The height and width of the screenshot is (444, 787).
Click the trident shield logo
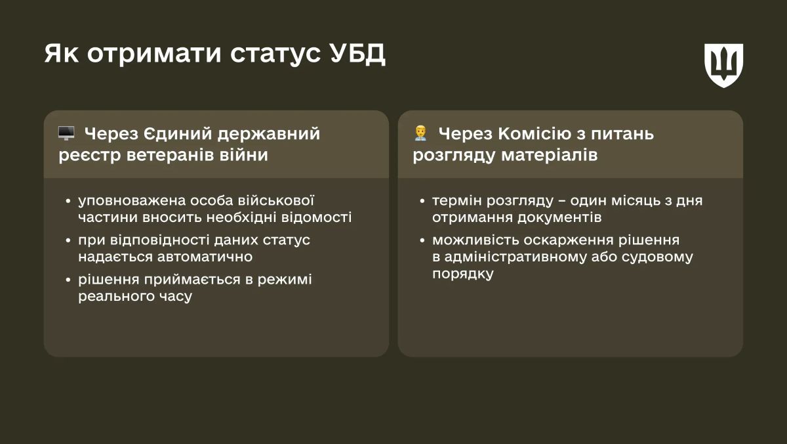(723, 65)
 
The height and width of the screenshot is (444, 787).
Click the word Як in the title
(62, 55)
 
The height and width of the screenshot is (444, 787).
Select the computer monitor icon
(66, 133)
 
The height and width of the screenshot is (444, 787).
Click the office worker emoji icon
(420, 133)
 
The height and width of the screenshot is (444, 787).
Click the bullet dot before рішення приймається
(68, 280)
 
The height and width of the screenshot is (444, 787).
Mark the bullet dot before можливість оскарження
(422, 240)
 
